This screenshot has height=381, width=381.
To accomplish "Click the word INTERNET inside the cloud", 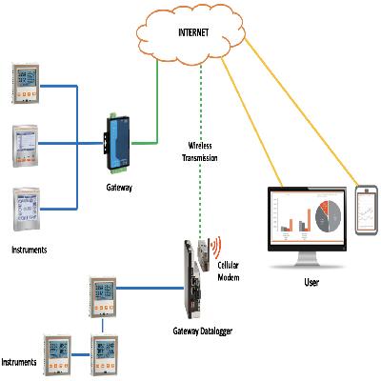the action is coord(193,32).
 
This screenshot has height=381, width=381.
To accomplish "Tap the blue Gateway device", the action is coord(117,144).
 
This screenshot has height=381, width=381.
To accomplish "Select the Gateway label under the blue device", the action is coord(119,188).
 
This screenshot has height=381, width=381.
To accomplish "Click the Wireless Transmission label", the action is coord(200,151).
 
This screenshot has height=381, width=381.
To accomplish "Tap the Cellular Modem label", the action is coord(229,271).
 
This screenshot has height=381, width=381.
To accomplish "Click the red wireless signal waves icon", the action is coord(216,247).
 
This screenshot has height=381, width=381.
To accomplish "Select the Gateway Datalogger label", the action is coord(203,331).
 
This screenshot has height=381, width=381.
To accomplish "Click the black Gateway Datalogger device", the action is coord(192,279).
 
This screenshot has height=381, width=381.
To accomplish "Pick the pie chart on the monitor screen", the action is coord(328,216).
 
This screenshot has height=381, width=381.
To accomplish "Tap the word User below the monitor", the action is coord(311,282).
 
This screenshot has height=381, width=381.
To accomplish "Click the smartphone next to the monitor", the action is coord(367,211).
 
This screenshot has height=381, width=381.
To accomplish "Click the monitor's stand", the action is coord(307,260).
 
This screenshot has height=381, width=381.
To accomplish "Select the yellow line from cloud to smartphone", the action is coord(302,112).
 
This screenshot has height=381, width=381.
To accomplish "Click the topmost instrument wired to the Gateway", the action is coord(26,84).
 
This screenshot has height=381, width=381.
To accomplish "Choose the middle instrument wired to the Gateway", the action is coord(26,146).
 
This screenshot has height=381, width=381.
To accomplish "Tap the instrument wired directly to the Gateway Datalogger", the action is coord(102,297).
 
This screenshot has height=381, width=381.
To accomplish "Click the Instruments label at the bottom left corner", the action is coord(19,362).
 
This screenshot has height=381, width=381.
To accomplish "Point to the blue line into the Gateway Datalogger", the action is coord(150,289).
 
